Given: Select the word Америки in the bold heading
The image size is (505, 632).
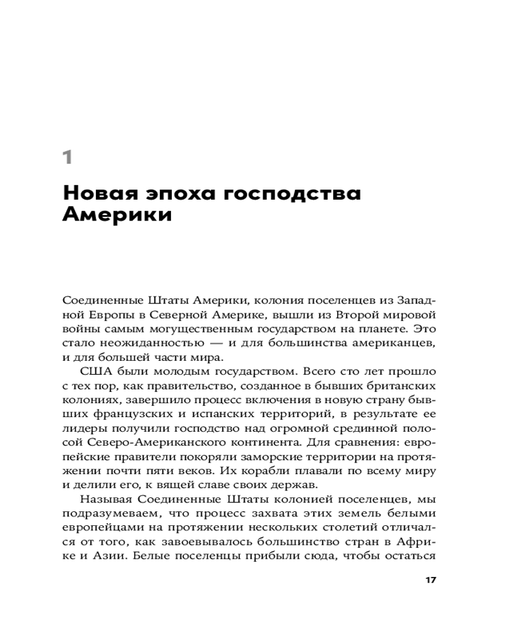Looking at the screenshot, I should coord(117,215).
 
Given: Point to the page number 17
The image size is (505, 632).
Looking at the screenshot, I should coord(432,580).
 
